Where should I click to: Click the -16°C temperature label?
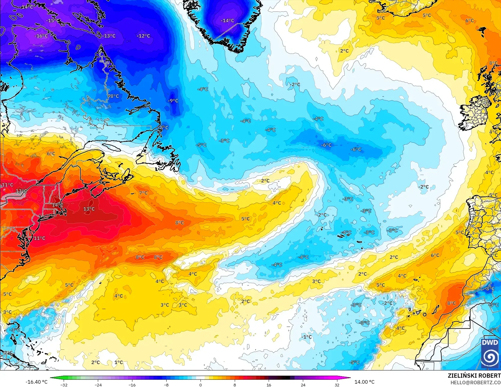pos(41,36)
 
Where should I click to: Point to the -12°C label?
pos(143,36)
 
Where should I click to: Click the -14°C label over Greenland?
pos(227,20)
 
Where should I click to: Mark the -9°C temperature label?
pos(173,101)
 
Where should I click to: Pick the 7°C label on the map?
pos(143,193)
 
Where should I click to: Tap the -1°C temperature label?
pos(306,337)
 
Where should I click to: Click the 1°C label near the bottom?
pos(119,362)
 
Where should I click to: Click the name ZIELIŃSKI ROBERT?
pos(474,376)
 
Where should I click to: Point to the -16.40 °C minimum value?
pos(37,382)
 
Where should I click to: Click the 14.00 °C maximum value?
pos(364,382)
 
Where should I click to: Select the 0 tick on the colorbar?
pos(201,385)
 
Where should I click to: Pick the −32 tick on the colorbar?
pos(64,385)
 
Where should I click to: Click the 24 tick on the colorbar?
pos(303,385)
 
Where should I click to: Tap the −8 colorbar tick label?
pos(166,385)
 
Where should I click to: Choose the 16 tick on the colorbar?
pos(269,385)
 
